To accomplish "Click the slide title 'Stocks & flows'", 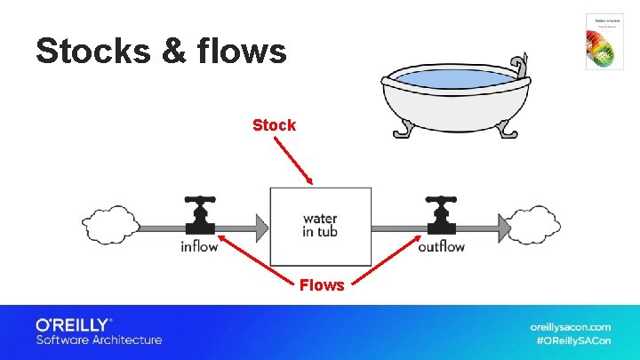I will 161,51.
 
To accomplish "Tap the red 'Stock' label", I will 274,125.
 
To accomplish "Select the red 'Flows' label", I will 322,285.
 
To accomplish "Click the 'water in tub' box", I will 320,226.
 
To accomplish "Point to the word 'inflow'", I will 199,246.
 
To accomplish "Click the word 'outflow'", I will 441,246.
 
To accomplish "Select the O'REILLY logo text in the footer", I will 73,324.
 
